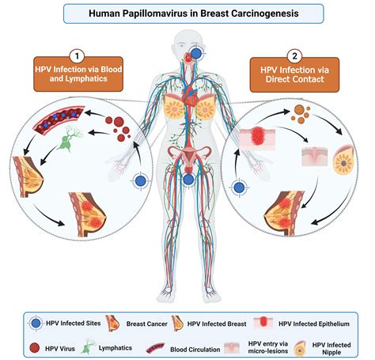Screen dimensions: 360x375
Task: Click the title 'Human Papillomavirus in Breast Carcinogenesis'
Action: point(187,13)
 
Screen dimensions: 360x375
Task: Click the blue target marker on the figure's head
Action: point(195,53)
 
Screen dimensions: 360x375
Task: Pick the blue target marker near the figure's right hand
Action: point(141,181)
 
